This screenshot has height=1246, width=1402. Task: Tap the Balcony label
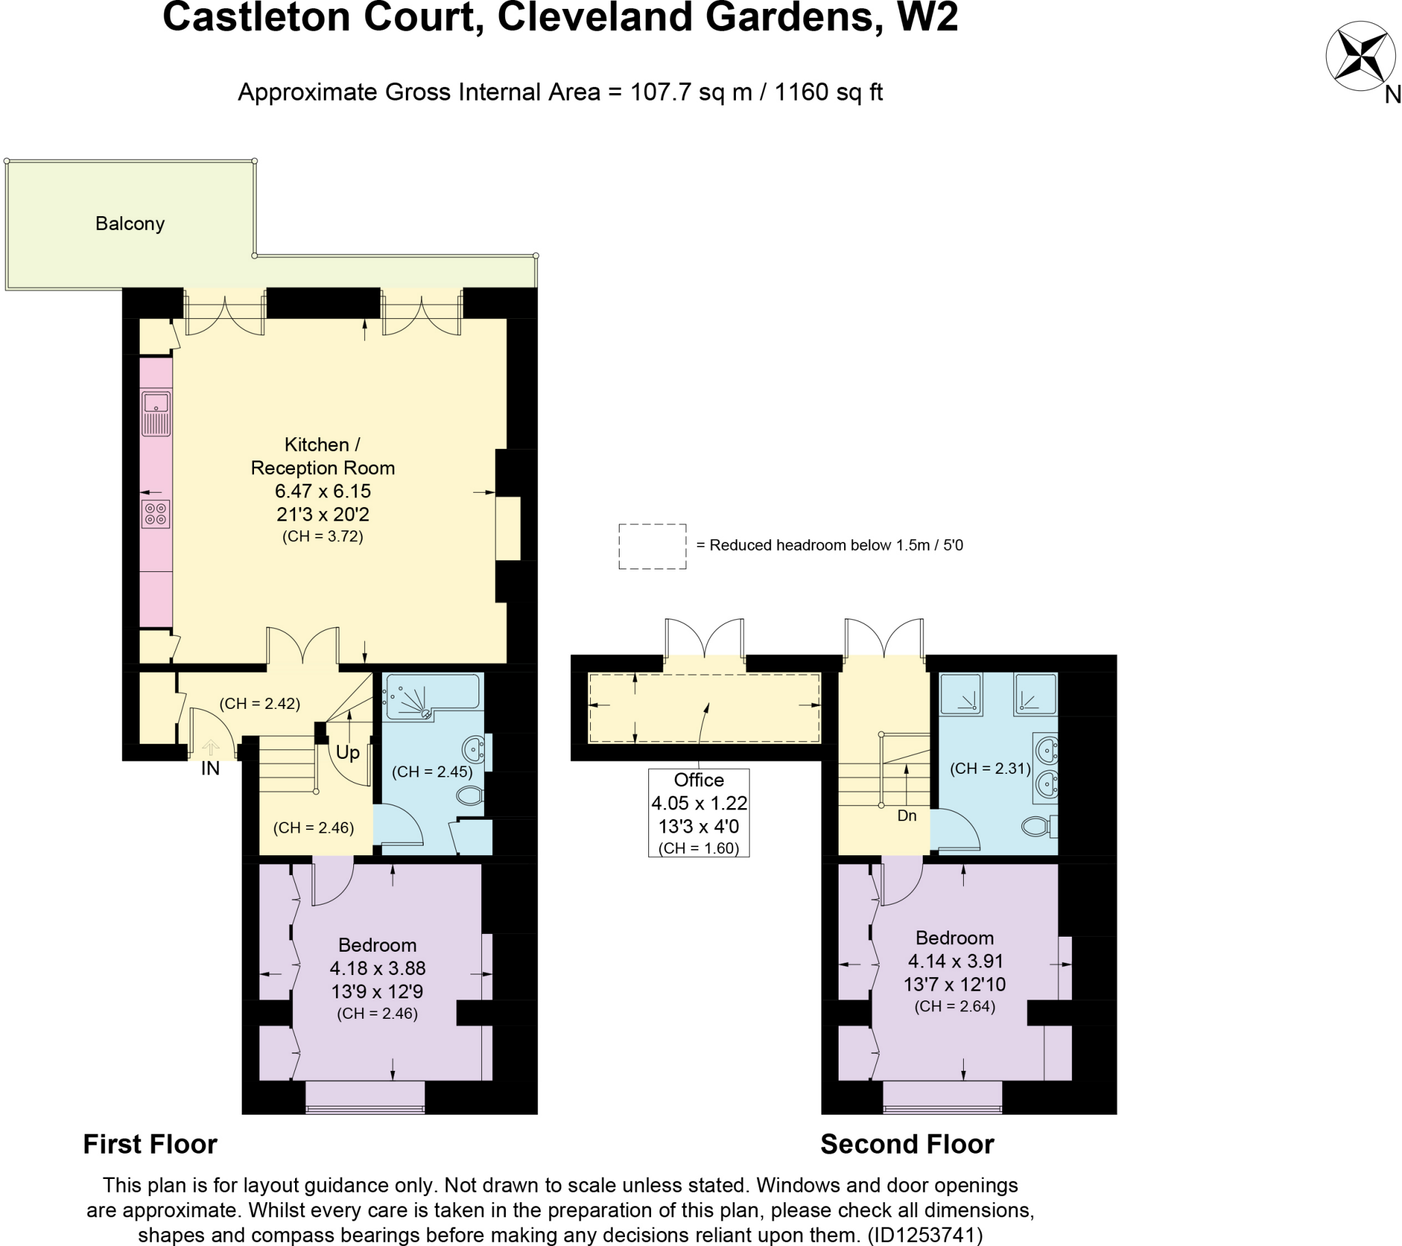tap(129, 224)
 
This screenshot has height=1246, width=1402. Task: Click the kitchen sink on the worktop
tap(155, 413)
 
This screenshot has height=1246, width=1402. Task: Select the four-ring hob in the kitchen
tap(155, 514)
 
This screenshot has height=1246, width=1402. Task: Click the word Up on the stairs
tap(348, 752)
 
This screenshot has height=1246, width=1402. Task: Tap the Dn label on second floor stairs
tap(907, 816)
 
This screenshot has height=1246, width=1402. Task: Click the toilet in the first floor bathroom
tap(470, 796)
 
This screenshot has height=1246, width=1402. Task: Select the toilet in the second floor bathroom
tap(1038, 827)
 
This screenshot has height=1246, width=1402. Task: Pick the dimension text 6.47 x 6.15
tap(322, 491)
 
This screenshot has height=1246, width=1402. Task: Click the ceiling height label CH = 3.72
tap(322, 536)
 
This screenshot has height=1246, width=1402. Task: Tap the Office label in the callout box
tap(698, 781)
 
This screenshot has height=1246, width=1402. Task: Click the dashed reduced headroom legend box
tap(652, 547)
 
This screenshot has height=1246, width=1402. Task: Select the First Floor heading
tap(149, 1145)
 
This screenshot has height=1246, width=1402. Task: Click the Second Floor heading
tap(907, 1145)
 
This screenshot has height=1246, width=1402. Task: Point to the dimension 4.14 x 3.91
tap(956, 961)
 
